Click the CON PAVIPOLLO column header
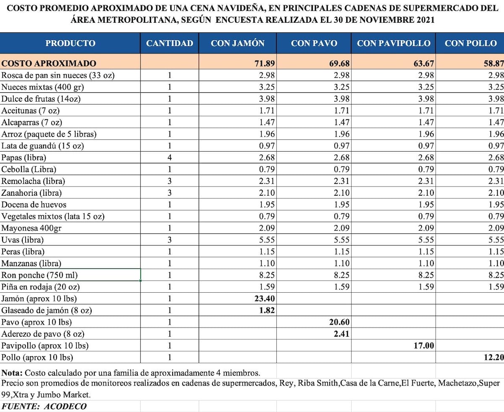pyautogui.click(x=394, y=43)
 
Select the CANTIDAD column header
pyautogui.click(x=170, y=43)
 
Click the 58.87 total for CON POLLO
pyautogui.click(x=492, y=64)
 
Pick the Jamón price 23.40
pyautogui.click(x=263, y=299)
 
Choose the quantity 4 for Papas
pyautogui.click(x=170, y=158)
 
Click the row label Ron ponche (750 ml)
pyautogui.click(x=40, y=276)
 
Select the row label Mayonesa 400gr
pyautogui.click(x=32, y=228)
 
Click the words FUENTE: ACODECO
pyautogui.click(x=44, y=407)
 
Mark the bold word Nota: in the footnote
pyautogui.click(x=13, y=373)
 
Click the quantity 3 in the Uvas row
pyautogui.click(x=170, y=240)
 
